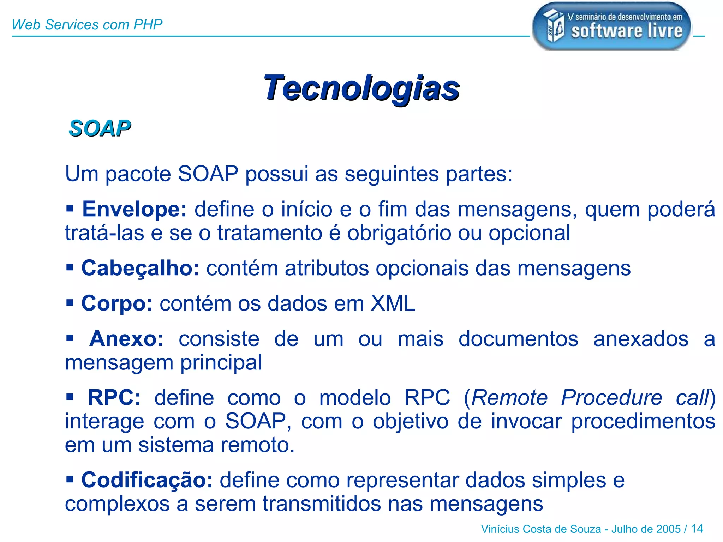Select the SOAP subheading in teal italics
coord(100,128)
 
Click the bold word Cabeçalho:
coord(140,268)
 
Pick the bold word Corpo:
coord(117,303)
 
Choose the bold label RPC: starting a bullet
coord(114,398)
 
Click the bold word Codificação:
coord(147,480)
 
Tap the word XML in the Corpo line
coord(393,303)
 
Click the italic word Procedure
coord(611,398)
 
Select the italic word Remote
coord(509,398)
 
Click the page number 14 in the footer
coord(697,529)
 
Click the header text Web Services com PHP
coord(87,25)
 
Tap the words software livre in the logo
coord(627,31)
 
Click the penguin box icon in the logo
coord(554,25)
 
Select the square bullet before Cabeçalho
coord(70,267)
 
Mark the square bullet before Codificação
coord(70,479)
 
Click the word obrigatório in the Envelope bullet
coord(399,233)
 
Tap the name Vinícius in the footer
coord(500,529)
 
